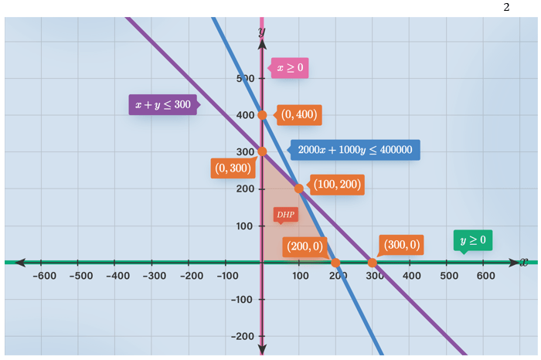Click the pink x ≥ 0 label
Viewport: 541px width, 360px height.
tap(290, 68)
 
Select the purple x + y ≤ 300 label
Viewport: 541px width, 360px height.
tap(162, 104)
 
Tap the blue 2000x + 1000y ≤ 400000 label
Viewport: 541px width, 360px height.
tap(355, 149)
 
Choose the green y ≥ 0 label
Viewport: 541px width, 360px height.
tap(473, 240)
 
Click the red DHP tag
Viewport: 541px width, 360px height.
tap(285, 214)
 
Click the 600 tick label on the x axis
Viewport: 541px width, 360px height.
tap(485, 276)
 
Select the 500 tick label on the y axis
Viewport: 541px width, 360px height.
tap(244, 78)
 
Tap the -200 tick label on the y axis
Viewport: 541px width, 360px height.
tap(242, 336)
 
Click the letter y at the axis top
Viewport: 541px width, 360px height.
tap(262, 30)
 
